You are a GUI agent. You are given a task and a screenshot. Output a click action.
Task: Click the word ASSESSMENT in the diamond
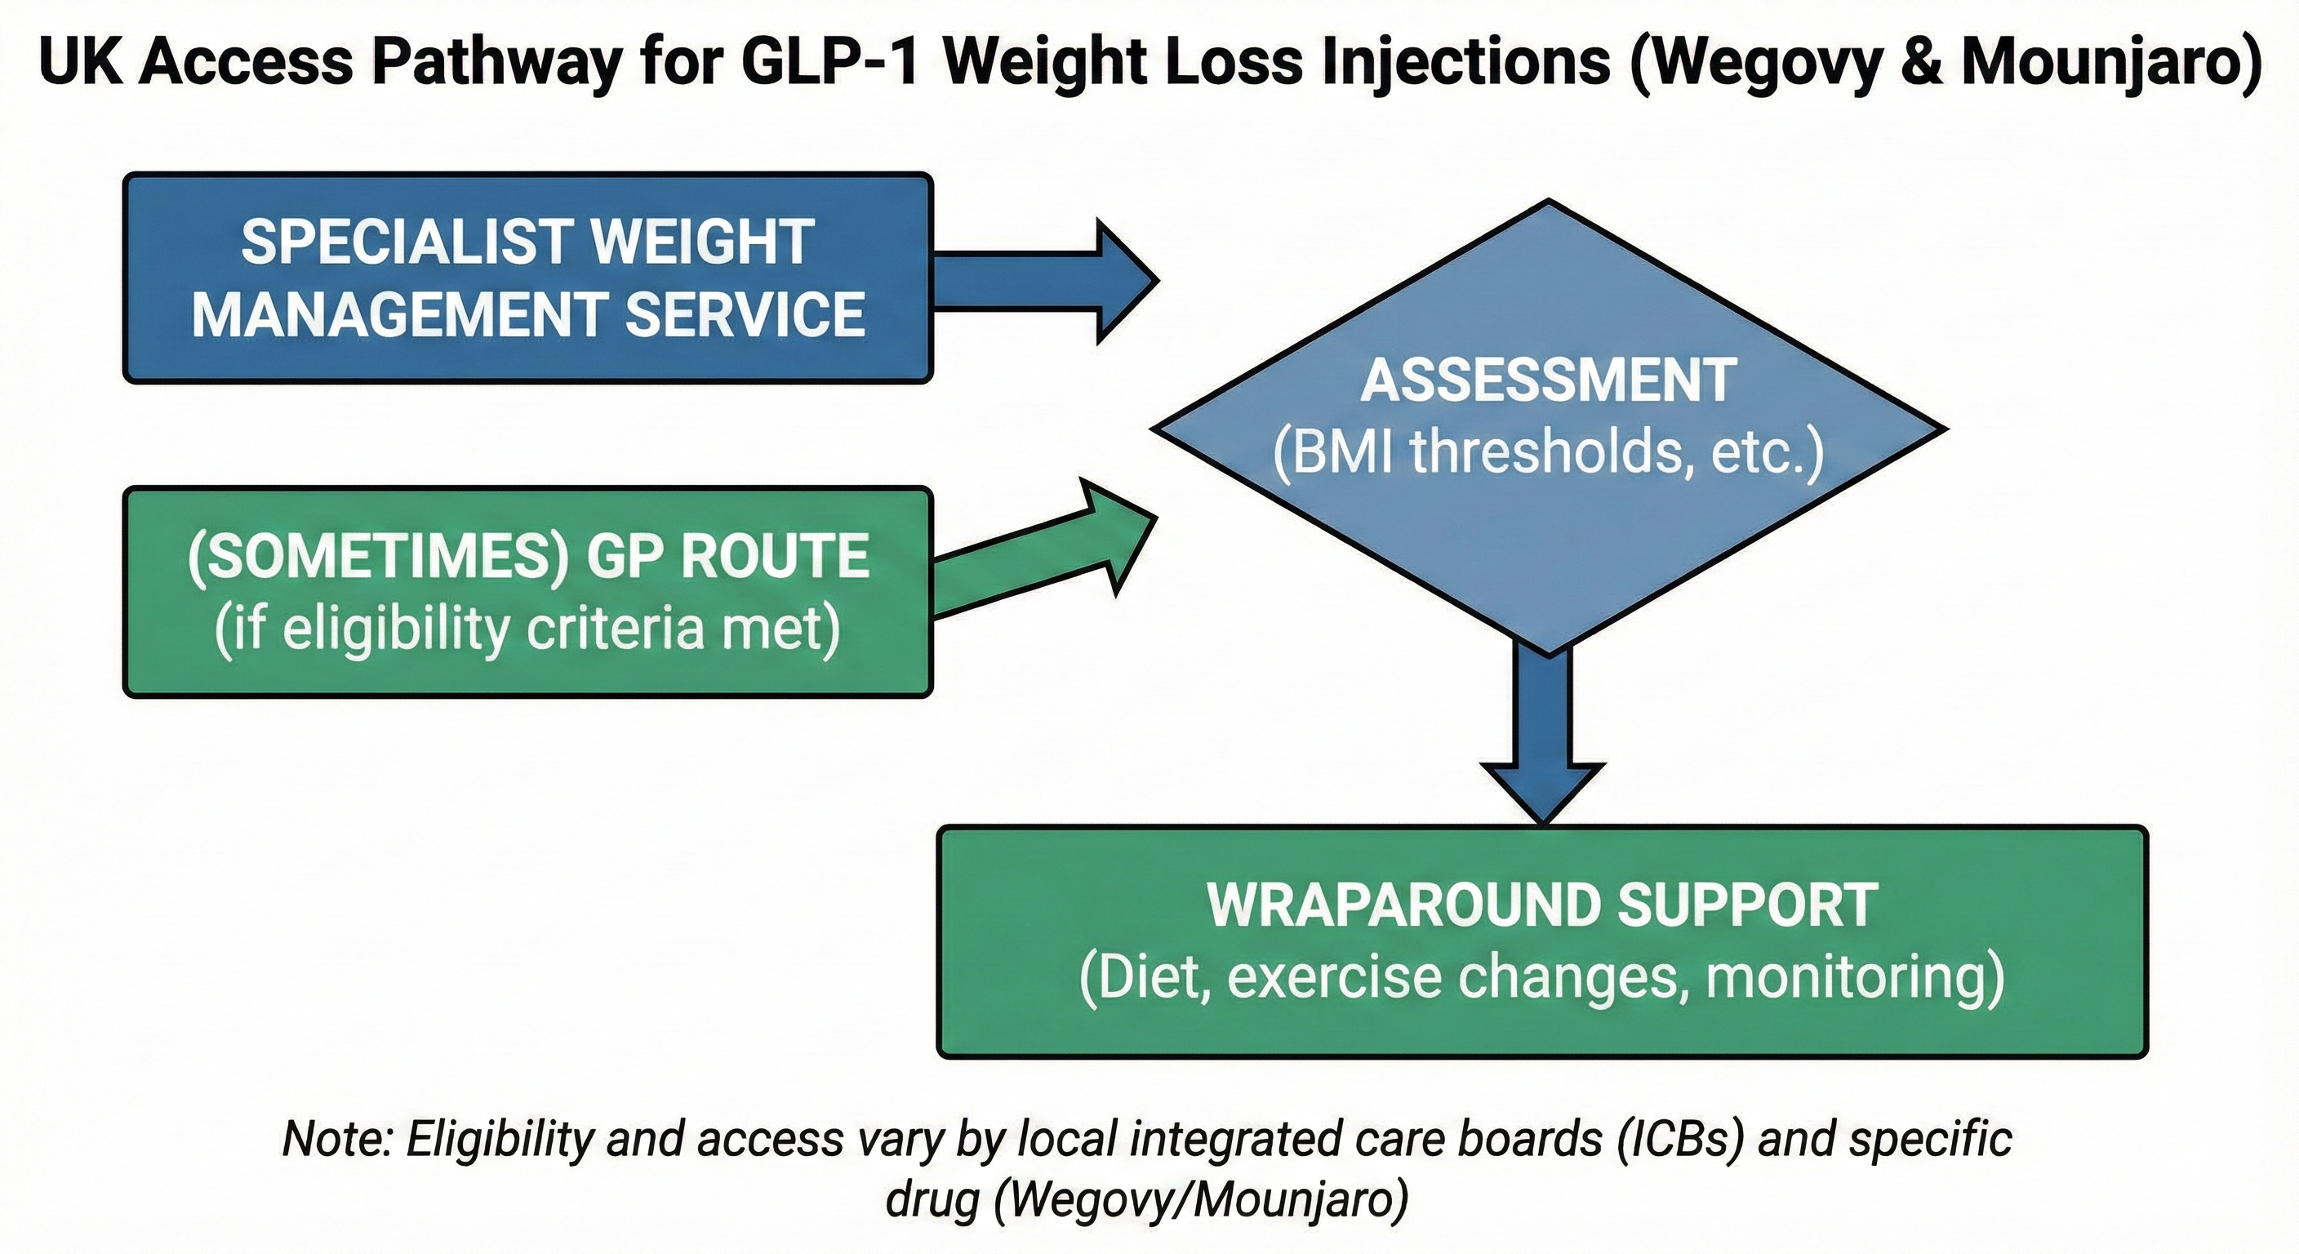pos(1549,381)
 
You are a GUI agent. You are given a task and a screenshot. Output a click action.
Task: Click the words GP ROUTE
pos(727,556)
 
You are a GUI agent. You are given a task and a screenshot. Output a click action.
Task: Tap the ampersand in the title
pos(1922,63)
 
